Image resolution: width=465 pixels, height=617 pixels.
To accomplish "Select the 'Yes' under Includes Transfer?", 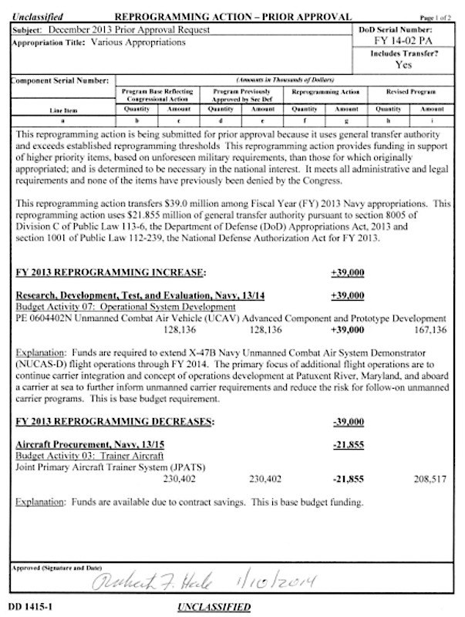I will pyautogui.click(x=406, y=66).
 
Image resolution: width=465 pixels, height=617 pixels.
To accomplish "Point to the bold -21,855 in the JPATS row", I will pyautogui.click(x=347, y=478).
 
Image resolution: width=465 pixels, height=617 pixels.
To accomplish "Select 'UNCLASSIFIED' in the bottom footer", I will pyautogui.click(x=214, y=607).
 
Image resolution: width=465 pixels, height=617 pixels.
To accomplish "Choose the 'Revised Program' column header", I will pyautogui.click(x=416, y=91).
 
